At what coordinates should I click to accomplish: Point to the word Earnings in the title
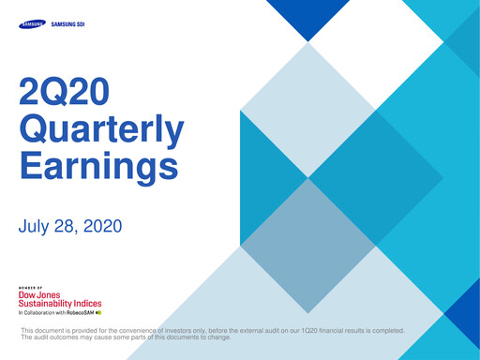pos(98,167)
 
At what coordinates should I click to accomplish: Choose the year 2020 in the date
pos(100,227)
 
